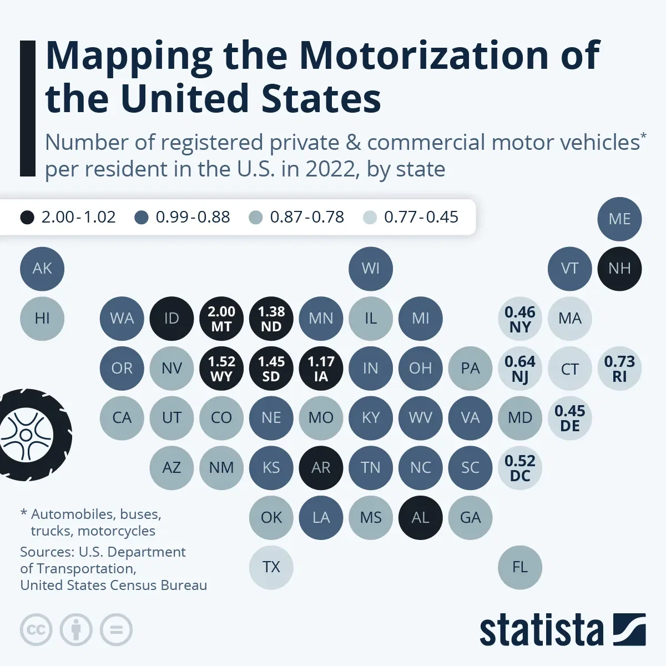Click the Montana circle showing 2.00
[x=221, y=319]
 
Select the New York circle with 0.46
[x=520, y=319]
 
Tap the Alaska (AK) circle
[x=42, y=269]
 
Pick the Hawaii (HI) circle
[x=42, y=319]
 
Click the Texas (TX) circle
[x=271, y=567]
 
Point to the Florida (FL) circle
[x=520, y=567]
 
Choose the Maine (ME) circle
[x=619, y=219]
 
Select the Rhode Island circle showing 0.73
[x=619, y=369]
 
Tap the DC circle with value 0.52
[x=520, y=468]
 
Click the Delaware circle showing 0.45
[x=570, y=418]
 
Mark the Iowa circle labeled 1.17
[x=321, y=369]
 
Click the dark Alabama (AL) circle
[x=420, y=518]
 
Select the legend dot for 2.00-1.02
[x=27, y=217]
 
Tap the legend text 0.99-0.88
[x=193, y=217]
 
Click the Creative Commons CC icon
[x=36, y=630]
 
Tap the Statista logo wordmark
[x=541, y=630]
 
